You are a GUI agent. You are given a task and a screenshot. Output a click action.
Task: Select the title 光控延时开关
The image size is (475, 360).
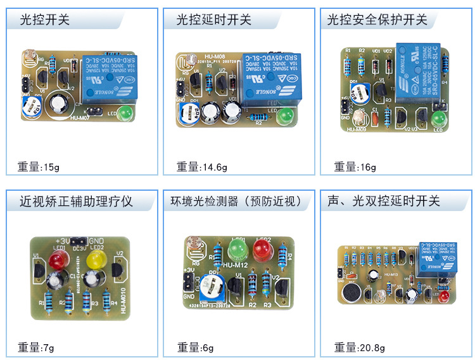coord(213,20)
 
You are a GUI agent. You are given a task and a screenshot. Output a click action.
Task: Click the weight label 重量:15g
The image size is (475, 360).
coord(38,167)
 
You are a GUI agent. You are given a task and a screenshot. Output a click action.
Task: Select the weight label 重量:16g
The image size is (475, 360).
coord(355,167)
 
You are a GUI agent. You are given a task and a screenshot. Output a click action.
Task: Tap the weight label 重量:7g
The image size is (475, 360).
coord(35,347)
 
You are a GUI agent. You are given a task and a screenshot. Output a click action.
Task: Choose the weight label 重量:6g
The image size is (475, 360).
coord(196,347)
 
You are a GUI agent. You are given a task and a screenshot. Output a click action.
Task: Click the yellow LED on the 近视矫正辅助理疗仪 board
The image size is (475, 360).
coord(95,259)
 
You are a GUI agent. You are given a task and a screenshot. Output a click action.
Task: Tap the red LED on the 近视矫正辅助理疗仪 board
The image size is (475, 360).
coord(60,259)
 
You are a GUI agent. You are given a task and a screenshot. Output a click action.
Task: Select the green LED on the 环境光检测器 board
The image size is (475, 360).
coord(238,246)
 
